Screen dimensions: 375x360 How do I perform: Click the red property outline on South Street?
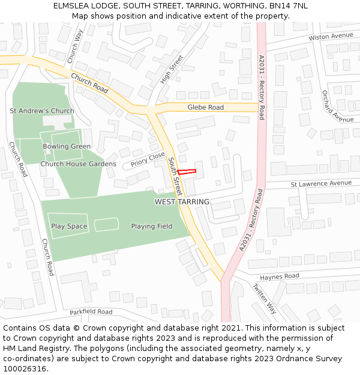[x=187, y=172]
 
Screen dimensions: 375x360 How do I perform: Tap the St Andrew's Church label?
[x=42, y=111]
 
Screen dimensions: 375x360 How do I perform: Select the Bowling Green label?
[x=67, y=146]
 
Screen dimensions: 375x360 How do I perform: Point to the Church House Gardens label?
[x=78, y=164]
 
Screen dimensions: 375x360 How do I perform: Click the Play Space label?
[x=69, y=226]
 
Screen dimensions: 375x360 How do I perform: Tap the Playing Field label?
[x=152, y=226]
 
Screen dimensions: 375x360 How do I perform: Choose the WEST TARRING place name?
[x=182, y=202]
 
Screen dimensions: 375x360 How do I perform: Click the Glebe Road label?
[x=206, y=107]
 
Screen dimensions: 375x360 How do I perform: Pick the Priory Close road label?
[x=148, y=160]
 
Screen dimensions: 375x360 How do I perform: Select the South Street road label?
[x=174, y=177]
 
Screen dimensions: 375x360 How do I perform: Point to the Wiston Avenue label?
[x=331, y=37]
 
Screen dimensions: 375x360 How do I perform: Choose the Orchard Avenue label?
[x=337, y=106]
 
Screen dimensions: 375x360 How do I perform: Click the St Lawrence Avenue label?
[x=321, y=183]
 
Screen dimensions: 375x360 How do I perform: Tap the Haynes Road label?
[x=279, y=277]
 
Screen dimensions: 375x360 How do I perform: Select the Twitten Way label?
[x=264, y=298]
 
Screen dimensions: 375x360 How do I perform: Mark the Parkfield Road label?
[x=91, y=312]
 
